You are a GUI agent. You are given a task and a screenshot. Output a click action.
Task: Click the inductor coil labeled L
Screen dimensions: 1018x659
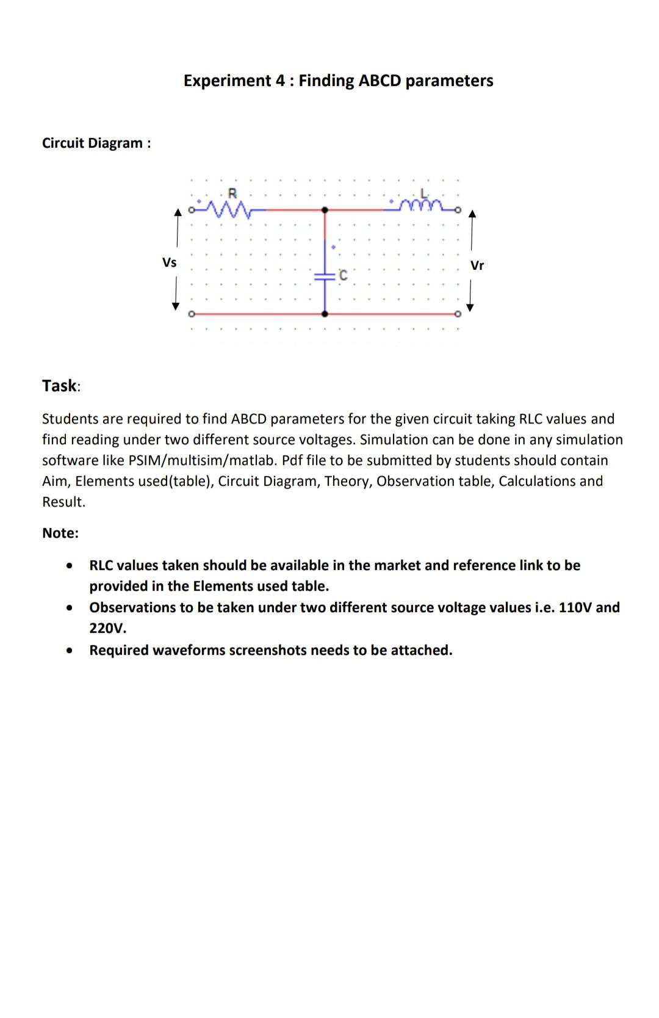(422, 206)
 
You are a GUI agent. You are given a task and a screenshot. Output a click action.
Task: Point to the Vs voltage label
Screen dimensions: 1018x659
(169, 262)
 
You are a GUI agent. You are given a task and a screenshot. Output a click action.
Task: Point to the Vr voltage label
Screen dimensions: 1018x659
(477, 265)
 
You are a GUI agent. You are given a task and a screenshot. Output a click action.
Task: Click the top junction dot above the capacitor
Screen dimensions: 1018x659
(325, 210)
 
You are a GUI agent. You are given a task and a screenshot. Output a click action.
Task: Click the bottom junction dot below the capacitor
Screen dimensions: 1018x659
(325, 314)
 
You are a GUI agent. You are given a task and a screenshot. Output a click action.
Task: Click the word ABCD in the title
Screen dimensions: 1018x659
(380, 81)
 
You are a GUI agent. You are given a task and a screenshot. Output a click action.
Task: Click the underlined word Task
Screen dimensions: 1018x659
(59, 386)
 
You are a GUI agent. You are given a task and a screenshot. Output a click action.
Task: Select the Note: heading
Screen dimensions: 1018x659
(60, 533)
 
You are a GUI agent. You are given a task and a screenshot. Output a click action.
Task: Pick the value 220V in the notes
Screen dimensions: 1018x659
(108, 628)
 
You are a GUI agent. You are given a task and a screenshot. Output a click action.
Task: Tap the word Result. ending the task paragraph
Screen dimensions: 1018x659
(63, 502)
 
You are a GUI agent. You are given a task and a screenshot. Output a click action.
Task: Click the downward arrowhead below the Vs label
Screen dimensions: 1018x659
(176, 306)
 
